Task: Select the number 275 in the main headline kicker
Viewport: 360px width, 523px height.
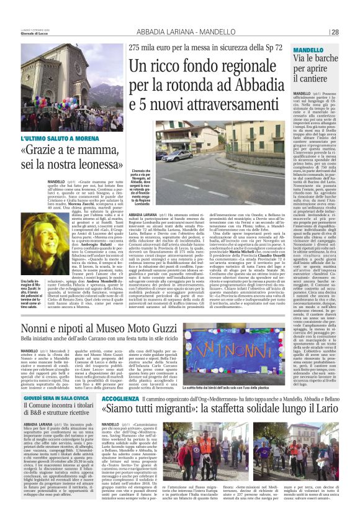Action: (135, 47)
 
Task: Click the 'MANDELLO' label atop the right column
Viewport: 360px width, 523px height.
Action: (308, 50)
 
